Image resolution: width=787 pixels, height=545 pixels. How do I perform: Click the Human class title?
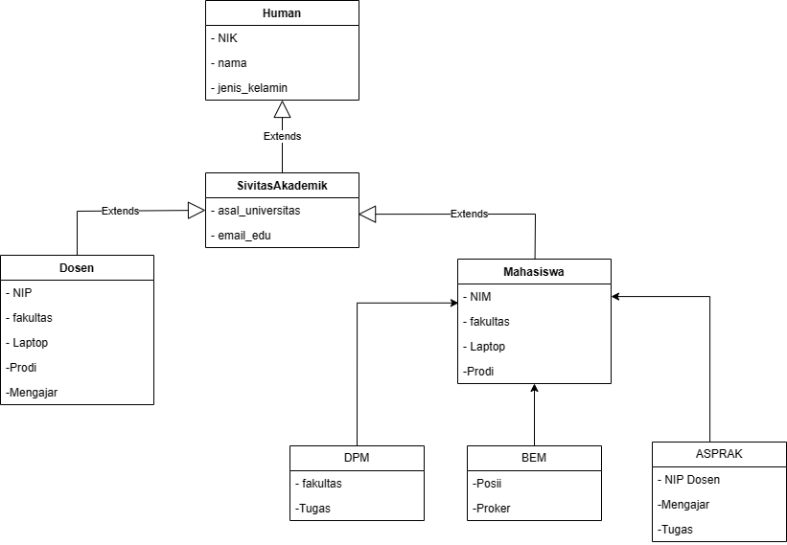pos(282,12)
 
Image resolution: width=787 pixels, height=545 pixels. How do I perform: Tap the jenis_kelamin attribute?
pos(248,88)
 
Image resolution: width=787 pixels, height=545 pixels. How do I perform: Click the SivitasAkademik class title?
pos(282,185)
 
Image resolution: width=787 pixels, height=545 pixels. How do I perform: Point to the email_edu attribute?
pos(241,235)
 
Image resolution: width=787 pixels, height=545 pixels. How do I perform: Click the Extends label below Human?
pos(282,136)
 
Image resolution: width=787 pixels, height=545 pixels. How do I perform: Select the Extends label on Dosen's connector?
pos(120,211)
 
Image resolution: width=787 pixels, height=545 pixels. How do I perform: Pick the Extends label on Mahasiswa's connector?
pos(469,214)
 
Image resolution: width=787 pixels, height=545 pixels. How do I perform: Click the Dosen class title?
pos(77,268)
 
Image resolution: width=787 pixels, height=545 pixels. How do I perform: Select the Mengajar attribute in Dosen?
pos(32,392)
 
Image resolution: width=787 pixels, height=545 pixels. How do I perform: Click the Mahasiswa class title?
pos(534,272)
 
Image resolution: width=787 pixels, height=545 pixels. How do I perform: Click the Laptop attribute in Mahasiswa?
pos(486,347)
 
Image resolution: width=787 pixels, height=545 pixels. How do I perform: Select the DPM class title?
pos(357,458)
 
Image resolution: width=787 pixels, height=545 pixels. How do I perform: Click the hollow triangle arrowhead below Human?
pos(282,110)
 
